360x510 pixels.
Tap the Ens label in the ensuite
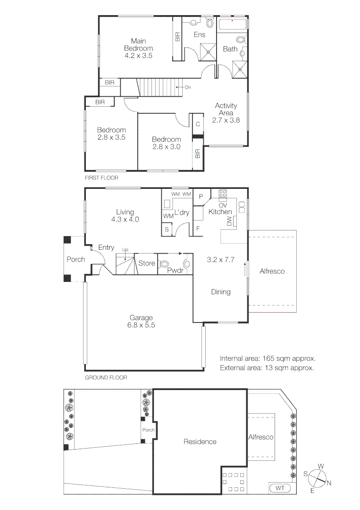(200, 34)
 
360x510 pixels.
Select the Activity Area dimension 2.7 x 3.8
(226, 120)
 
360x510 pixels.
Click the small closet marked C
(198, 124)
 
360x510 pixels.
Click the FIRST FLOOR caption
(101, 178)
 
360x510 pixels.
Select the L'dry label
(182, 213)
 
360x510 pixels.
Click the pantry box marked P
(201, 196)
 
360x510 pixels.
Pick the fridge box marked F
(198, 228)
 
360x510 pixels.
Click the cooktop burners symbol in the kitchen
(223, 194)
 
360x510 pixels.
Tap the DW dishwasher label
(230, 221)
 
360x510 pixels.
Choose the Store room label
(147, 263)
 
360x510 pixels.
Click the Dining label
(221, 292)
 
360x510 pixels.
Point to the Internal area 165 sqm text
(267, 358)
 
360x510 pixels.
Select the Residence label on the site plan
(200, 442)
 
